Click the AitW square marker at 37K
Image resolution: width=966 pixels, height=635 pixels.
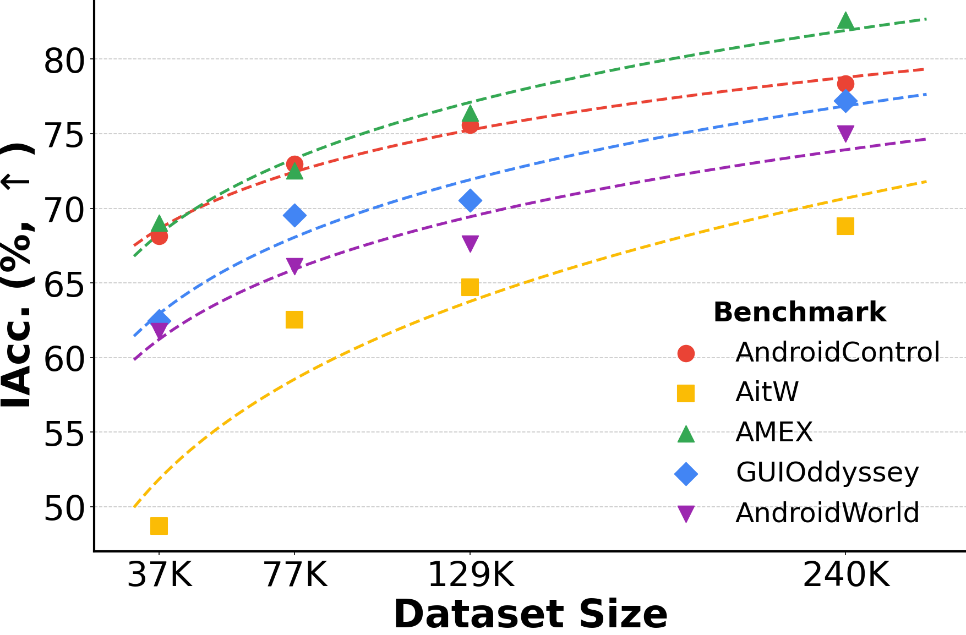tap(159, 526)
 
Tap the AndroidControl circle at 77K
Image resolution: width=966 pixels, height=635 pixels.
tap(294, 164)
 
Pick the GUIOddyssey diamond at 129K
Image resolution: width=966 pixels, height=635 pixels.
tap(470, 200)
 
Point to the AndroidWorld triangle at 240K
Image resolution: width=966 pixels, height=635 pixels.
tap(845, 133)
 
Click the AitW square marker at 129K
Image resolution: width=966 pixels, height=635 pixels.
tap(470, 287)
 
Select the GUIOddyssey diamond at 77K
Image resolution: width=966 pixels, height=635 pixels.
tap(294, 215)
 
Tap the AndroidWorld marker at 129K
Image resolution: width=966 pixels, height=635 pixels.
tap(470, 243)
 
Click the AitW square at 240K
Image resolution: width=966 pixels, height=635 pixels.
tap(845, 226)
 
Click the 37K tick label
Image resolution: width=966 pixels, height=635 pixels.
tap(159, 576)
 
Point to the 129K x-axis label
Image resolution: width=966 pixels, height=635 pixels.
tap(471, 576)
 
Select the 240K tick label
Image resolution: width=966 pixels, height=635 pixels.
tap(846, 576)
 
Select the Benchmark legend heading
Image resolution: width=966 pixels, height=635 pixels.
tap(799, 313)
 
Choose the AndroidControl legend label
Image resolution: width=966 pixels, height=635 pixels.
tap(837, 352)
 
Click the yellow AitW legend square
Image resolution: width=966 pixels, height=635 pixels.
tap(686, 393)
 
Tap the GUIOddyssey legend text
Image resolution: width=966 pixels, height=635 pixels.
tap(827, 472)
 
